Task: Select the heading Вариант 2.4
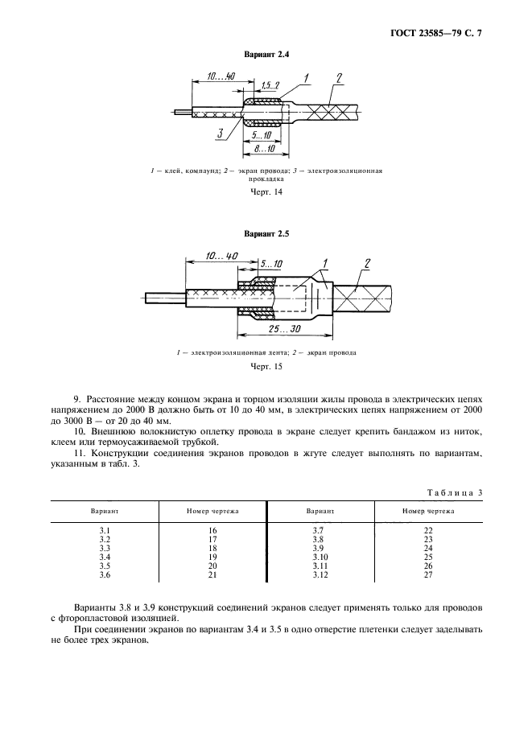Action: coord(266,54)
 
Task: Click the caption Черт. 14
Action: coord(266,193)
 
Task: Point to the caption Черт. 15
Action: coord(266,368)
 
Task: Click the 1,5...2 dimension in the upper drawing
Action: coord(271,84)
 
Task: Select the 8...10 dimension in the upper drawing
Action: coord(262,150)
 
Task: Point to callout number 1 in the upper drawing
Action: coord(307,78)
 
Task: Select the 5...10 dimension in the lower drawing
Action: coord(271,263)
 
